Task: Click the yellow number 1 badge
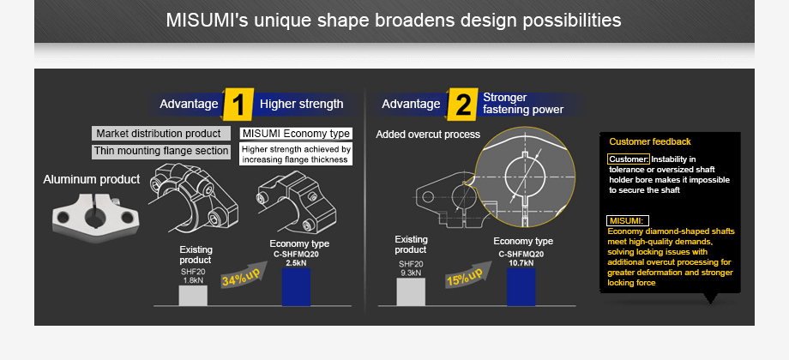[238, 105]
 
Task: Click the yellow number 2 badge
[463, 105]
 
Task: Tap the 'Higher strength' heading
[301, 105]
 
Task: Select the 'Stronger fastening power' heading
[523, 104]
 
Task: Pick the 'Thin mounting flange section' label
[161, 152]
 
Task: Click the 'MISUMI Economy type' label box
[296, 134]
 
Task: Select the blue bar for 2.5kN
[296, 287]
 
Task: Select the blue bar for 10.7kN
[521, 287]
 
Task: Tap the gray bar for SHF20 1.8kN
[193, 295]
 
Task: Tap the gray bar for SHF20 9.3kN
[411, 291]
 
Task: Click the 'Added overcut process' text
[428, 135]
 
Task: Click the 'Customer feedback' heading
[649, 141]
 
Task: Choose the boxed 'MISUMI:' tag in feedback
[627, 220]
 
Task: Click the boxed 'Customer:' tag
[629, 159]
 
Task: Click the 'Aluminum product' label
[91, 179]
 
